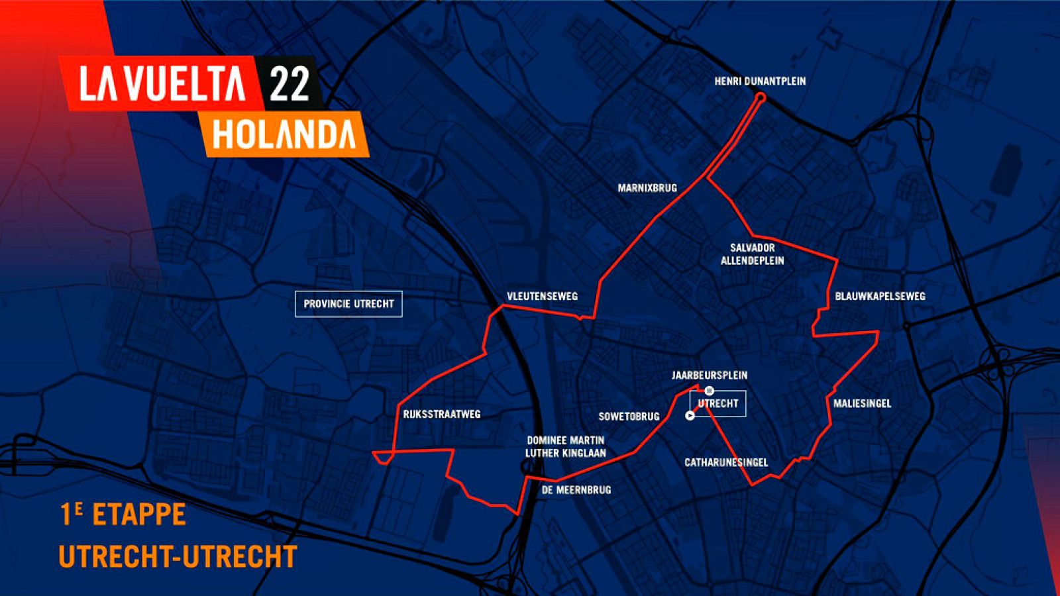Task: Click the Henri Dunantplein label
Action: coord(760,81)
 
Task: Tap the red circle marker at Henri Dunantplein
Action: coord(761,97)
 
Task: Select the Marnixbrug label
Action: coord(647,188)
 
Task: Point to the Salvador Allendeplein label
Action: coord(752,254)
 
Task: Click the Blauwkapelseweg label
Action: coord(880,296)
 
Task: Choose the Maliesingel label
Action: coord(862,403)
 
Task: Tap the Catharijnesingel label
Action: coord(726,462)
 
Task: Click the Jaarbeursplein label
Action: coord(710,375)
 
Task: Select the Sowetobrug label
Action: coord(629,417)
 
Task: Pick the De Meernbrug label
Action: coord(576,490)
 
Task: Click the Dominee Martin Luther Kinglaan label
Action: coord(565,446)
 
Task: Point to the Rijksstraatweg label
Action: coord(442,415)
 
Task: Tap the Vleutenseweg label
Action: coord(542,297)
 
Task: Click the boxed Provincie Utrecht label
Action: coord(348,304)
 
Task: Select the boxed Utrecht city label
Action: coord(718,403)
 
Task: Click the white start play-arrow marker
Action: coord(690,416)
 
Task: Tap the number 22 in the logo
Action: coord(290,84)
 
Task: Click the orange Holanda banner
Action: coord(285,134)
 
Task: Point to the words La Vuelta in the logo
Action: coord(162,84)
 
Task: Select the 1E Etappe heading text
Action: coord(123,515)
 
